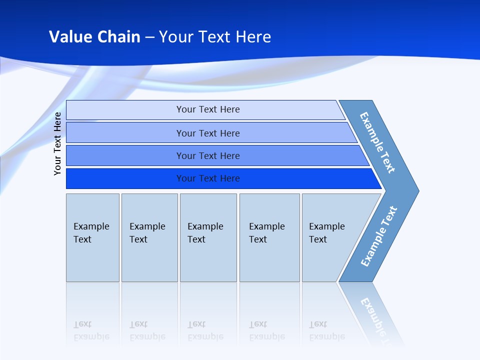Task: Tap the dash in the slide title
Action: click(x=149, y=37)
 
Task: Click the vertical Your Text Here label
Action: click(x=58, y=143)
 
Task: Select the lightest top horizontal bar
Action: click(x=207, y=109)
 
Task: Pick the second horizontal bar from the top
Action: click(x=207, y=133)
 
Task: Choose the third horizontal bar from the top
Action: click(x=207, y=155)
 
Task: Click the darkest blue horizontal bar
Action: click(x=207, y=178)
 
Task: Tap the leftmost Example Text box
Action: click(x=92, y=237)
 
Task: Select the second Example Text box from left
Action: click(x=149, y=237)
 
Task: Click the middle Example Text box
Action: click(x=208, y=237)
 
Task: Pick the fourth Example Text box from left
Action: click(x=269, y=237)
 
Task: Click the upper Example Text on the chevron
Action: click(x=377, y=142)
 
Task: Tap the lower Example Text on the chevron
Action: click(x=379, y=236)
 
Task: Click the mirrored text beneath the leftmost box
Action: click(x=91, y=330)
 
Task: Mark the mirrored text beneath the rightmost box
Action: click(x=326, y=330)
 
